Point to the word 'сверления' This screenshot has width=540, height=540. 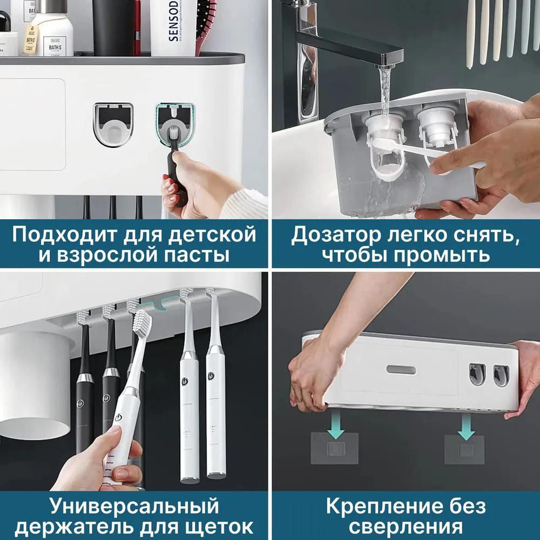(406, 526)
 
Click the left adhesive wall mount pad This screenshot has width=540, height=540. (334, 448)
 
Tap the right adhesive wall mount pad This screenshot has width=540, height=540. (464, 448)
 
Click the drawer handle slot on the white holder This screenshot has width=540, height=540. (401, 370)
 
